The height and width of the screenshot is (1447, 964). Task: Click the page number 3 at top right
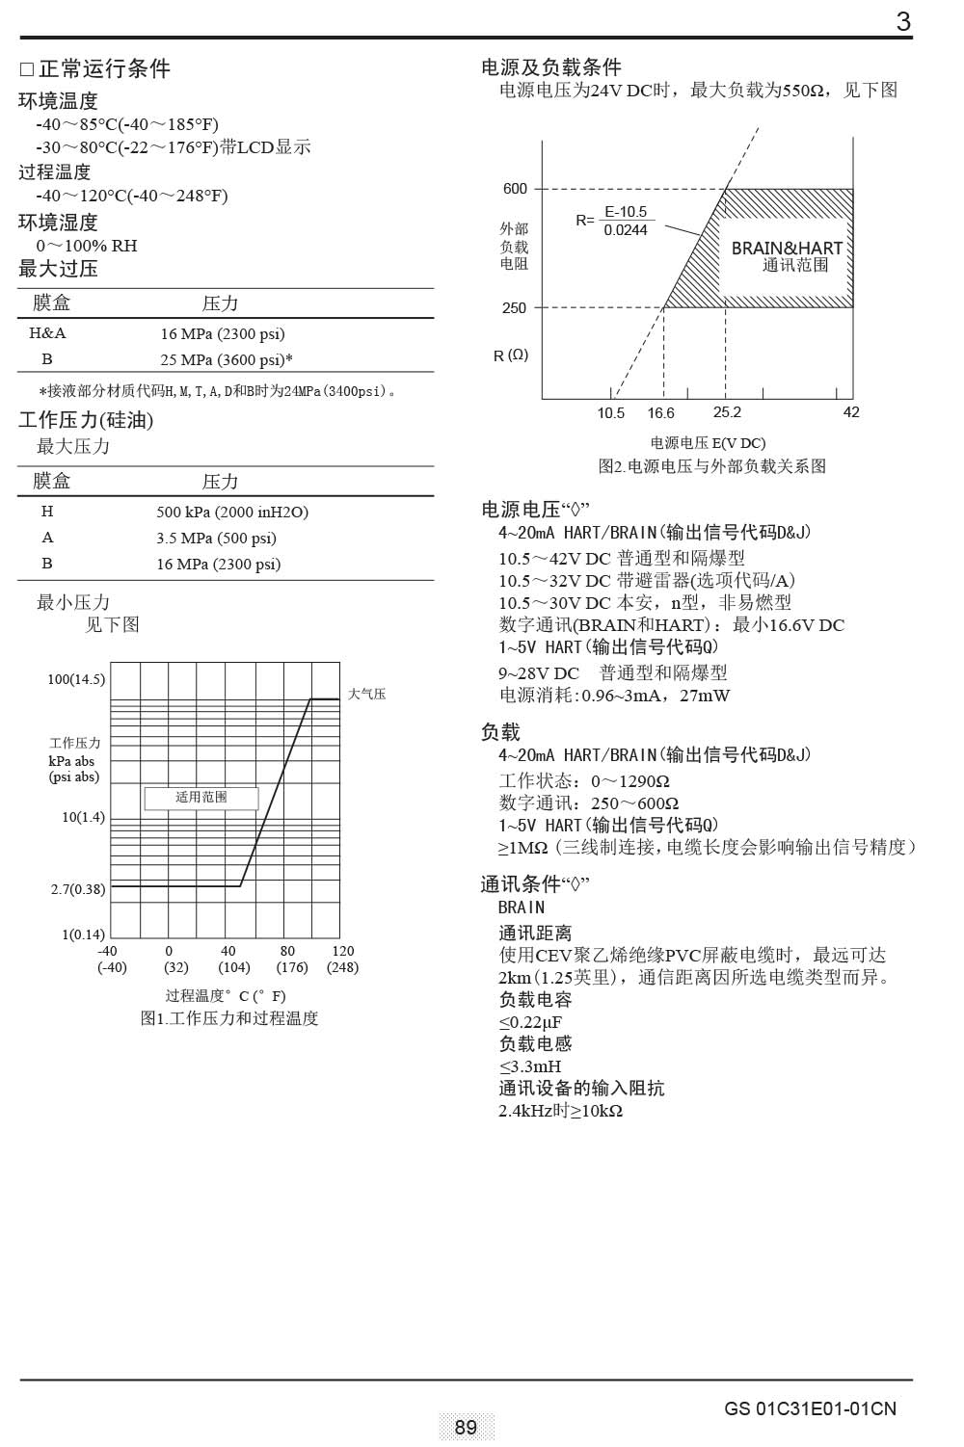(902, 21)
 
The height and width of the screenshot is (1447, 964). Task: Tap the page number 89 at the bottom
(466, 1427)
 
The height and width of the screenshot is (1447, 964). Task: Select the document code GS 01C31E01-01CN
(810, 1408)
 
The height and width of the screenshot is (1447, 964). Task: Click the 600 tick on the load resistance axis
(516, 189)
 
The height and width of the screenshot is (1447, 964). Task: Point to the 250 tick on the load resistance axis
(515, 308)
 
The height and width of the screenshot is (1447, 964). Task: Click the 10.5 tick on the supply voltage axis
(610, 413)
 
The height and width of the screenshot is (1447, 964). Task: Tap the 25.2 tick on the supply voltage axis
(727, 412)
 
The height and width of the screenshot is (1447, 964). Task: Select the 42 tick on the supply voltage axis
(851, 412)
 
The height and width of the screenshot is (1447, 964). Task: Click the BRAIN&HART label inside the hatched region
(787, 248)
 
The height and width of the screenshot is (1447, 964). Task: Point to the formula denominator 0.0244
(626, 230)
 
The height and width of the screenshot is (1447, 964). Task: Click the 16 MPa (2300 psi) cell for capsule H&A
(223, 334)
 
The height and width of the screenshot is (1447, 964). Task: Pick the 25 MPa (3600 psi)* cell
(227, 360)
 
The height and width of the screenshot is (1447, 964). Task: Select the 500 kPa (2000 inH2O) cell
(232, 513)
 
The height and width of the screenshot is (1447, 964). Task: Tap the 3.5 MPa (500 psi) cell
(216, 539)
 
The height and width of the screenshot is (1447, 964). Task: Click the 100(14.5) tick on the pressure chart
(76, 680)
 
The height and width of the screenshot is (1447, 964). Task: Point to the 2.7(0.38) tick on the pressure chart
(78, 889)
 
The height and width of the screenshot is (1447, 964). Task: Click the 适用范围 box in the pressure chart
(201, 798)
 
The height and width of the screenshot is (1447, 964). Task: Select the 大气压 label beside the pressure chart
(366, 695)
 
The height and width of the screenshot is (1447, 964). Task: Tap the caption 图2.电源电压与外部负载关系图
(712, 466)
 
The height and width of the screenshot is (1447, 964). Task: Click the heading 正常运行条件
(104, 69)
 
